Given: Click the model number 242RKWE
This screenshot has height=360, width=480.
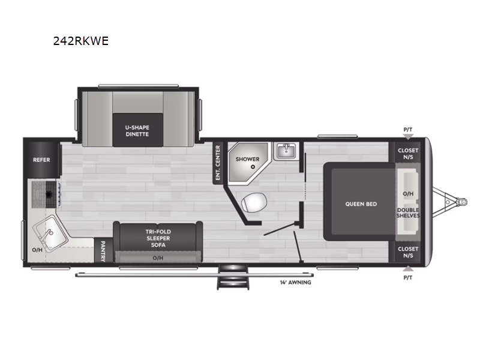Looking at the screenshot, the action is click(x=81, y=41).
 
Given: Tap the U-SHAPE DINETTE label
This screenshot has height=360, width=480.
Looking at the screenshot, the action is click(x=137, y=131).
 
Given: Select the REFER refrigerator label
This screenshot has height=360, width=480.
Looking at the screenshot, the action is click(x=41, y=160).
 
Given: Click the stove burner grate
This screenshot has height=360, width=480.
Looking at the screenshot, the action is click(x=46, y=194).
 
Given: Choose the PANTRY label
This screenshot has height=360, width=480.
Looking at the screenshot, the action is click(x=103, y=251).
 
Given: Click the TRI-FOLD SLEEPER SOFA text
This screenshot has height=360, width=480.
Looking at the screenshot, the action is click(x=158, y=238).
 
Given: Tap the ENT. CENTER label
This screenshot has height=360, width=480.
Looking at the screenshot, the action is click(x=218, y=163).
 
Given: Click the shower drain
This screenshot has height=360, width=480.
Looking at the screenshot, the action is click(x=253, y=167).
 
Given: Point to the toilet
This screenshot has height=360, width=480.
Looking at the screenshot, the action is click(x=254, y=202).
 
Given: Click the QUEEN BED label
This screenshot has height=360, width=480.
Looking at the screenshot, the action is click(x=361, y=204).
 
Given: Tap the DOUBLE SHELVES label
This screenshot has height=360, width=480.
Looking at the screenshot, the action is click(x=408, y=213).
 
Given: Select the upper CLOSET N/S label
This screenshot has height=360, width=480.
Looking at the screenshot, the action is click(x=408, y=154).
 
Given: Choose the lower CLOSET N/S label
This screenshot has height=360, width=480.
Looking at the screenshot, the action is click(x=408, y=252).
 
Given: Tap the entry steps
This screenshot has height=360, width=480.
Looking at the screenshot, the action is click(x=233, y=277).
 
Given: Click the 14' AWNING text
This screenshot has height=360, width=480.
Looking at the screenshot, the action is click(x=295, y=283).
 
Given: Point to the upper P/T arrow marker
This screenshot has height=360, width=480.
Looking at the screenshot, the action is click(x=408, y=137).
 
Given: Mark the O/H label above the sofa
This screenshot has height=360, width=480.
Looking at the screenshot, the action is click(x=158, y=258).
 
